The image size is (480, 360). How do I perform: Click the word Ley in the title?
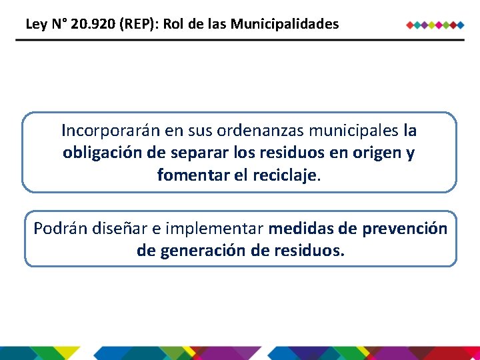36,25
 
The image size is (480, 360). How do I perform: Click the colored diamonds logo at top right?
435,25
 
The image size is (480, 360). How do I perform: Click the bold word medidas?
301,229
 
